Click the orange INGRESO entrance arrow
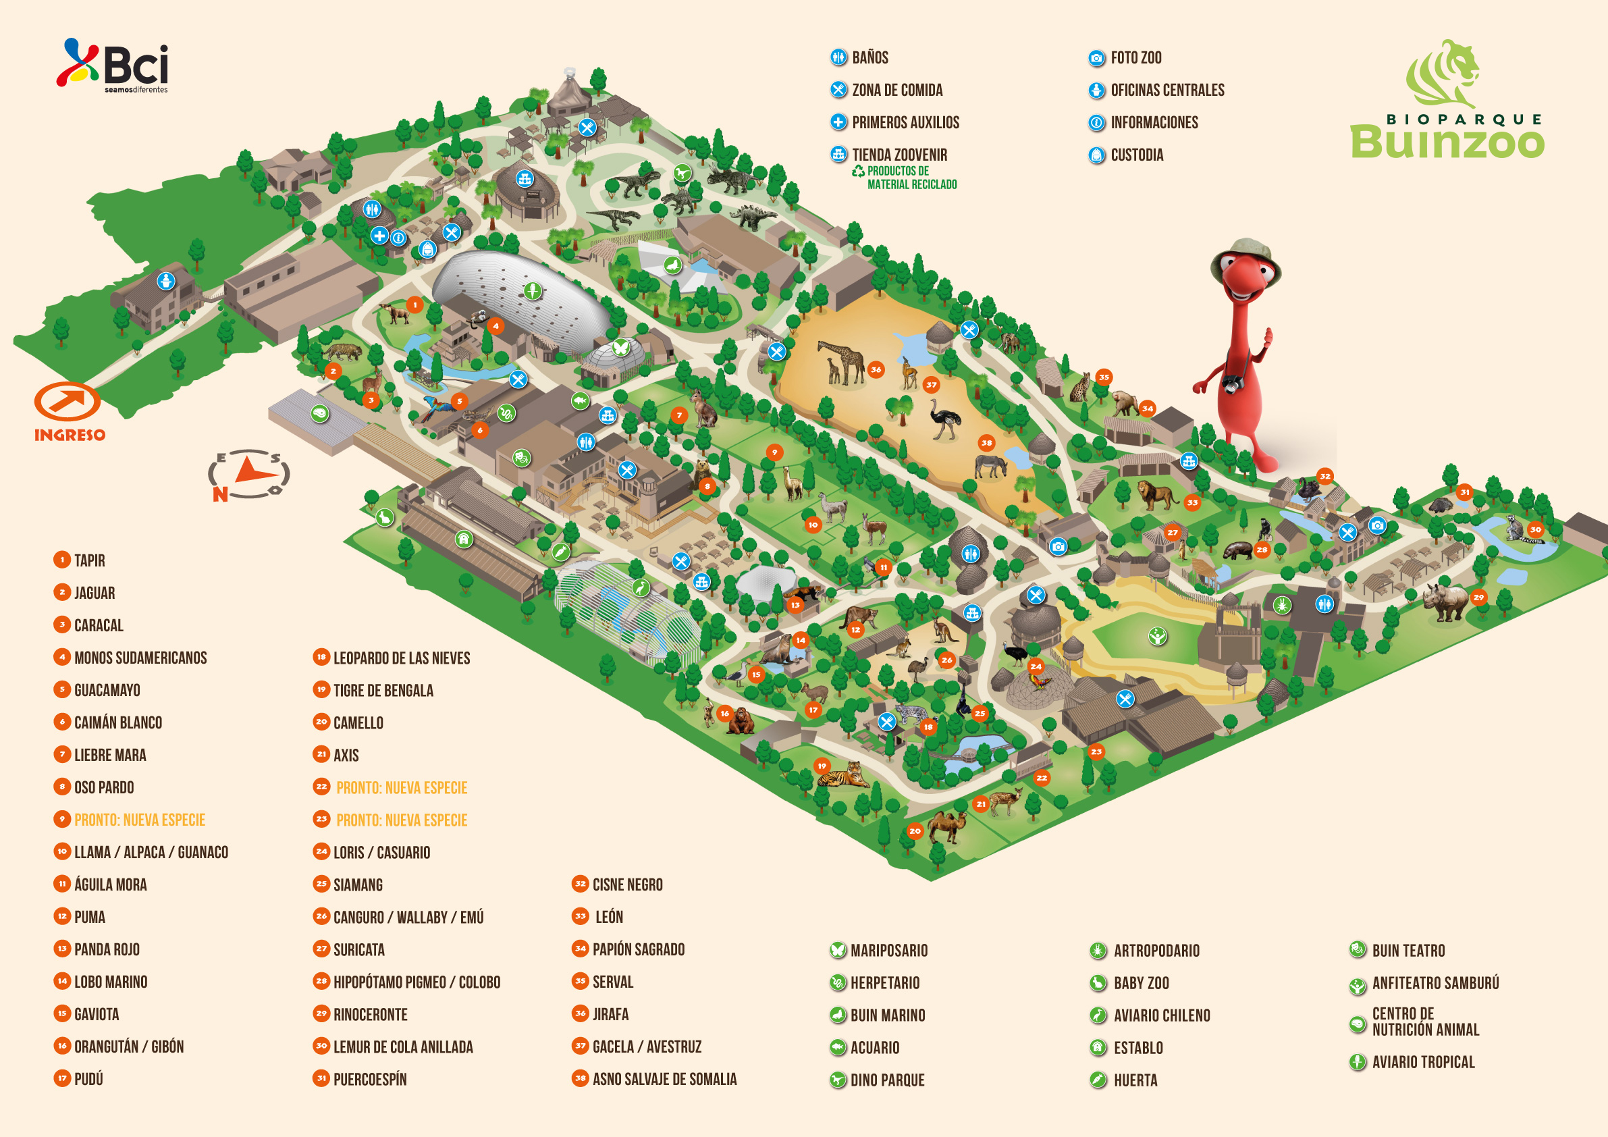68,402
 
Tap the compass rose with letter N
248,474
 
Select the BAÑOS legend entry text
870,57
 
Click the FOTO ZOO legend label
1135,57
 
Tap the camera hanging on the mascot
1232,384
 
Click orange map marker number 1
414,305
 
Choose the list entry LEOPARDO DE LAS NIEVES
401,658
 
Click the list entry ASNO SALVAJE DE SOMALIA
664,1079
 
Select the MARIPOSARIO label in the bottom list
888,951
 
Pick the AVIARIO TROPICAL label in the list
1422,1062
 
